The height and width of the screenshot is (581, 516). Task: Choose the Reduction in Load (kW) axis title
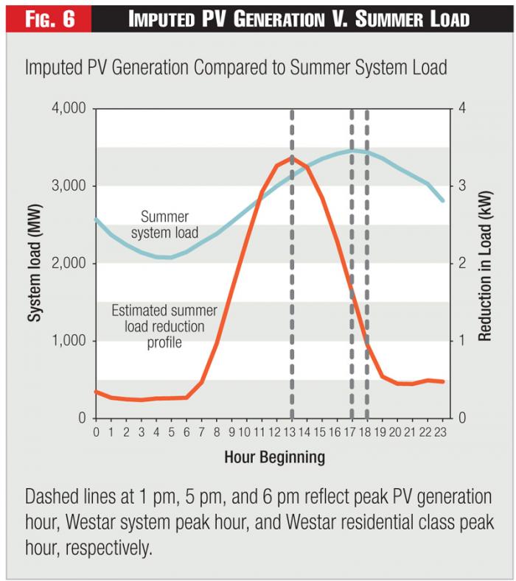tap(484, 262)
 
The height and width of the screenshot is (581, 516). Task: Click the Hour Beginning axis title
tap(274, 457)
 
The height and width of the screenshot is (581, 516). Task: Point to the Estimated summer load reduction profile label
tap(158, 324)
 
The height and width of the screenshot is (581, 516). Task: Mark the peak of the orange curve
tap(292, 157)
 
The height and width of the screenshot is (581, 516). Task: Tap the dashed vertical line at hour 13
tap(293, 295)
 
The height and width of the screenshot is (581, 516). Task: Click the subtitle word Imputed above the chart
tap(55, 68)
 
